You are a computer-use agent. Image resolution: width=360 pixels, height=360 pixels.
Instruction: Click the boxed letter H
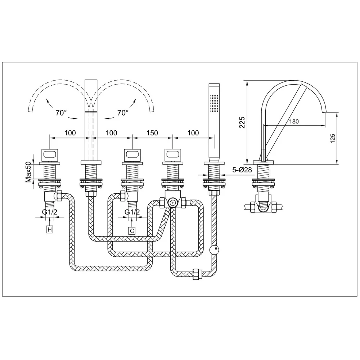(x=49, y=229)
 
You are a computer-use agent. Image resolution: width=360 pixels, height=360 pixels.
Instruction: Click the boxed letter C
(x=132, y=230)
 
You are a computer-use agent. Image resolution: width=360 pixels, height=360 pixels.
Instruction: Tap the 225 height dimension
(x=242, y=122)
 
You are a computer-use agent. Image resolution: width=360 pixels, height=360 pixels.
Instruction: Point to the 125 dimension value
(x=333, y=139)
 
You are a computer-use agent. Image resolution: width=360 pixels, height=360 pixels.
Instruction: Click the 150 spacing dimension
(x=152, y=133)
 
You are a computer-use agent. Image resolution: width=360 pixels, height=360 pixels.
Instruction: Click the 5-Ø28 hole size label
(x=242, y=170)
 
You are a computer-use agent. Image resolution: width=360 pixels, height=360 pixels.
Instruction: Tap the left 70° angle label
(x=61, y=113)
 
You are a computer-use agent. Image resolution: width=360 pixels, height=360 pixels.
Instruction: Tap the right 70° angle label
(x=123, y=113)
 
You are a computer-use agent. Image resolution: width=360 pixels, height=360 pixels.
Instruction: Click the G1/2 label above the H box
(x=49, y=212)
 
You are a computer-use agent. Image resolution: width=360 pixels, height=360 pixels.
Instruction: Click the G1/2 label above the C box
(x=132, y=212)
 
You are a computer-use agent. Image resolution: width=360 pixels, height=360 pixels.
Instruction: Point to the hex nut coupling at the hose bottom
(x=196, y=274)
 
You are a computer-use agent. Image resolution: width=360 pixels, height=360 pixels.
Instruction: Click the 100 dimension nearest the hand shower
(x=193, y=133)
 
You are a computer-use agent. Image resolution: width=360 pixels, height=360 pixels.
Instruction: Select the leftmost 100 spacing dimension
(x=70, y=133)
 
